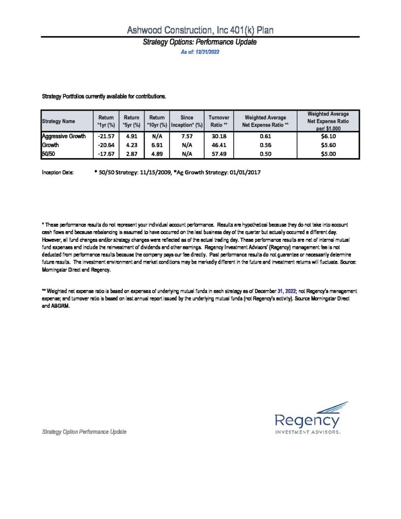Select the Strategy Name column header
[x=58, y=122]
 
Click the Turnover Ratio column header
[x=220, y=121]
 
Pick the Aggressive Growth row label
[x=64, y=136]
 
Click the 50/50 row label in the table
[x=49, y=154]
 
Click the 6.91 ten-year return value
[x=157, y=145]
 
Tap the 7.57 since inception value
[x=187, y=136]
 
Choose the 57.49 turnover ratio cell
[x=220, y=154]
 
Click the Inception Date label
[x=58, y=173]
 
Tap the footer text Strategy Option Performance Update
[x=84, y=432]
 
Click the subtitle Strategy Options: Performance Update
[x=200, y=43]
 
